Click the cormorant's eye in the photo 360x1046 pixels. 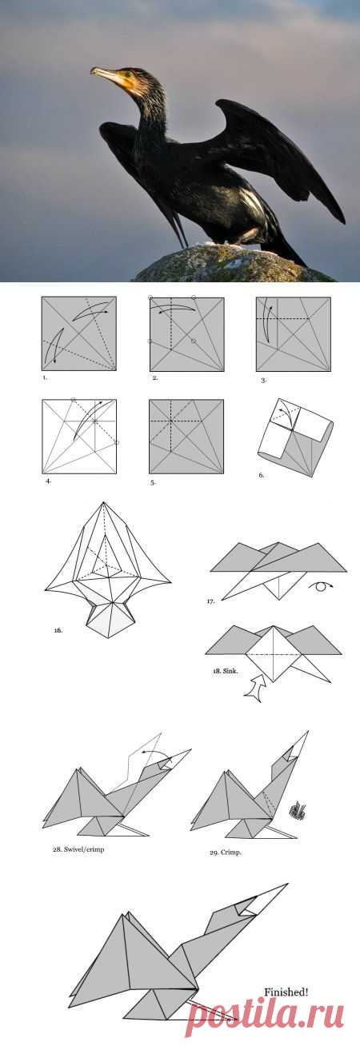(128, 74)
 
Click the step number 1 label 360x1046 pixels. (45, 377)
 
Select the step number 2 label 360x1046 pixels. (155, 377)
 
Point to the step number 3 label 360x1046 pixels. (263, 381)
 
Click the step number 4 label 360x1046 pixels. (48, 481)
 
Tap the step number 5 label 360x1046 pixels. (152, 483)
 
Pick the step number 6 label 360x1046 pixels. (261, 475)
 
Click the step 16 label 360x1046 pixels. (58, 630)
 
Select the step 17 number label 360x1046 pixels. (210, 601)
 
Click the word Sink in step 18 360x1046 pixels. (231, 671)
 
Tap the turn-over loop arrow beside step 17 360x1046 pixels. (320, 586)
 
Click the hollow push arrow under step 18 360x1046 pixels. (255, 688)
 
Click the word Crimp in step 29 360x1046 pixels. (231, 852)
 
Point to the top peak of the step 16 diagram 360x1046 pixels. (103, 502)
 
